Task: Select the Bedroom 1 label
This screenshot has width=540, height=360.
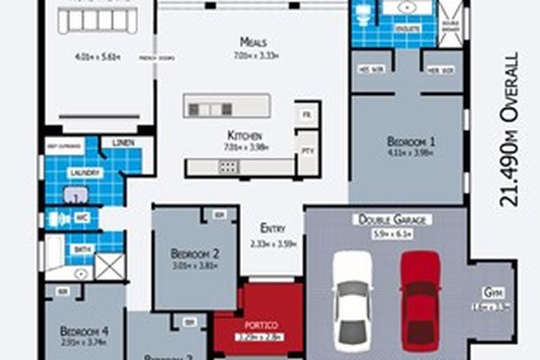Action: (411, 141)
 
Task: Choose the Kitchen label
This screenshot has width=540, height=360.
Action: (245, 135)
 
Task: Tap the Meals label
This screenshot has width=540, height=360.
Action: (250, 42)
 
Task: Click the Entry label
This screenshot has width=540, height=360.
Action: (272, 228)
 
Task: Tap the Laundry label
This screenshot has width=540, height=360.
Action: (85, 173)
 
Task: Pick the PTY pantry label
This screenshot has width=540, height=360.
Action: (308, 151)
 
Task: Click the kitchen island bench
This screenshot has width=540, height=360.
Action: (227, 106)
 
